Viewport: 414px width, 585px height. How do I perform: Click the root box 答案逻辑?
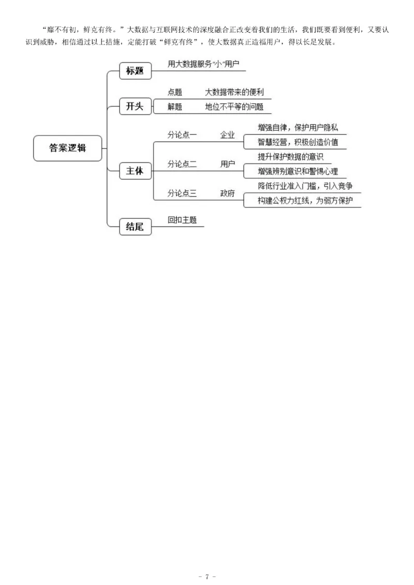point(68,148)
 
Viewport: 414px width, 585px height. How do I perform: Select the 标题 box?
point(135,71)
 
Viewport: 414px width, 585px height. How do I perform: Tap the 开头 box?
point(135,107)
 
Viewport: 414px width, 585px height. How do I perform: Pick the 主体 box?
point(135,171)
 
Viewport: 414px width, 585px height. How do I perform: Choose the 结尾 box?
point(135,227)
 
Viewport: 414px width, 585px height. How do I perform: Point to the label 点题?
point(175,93)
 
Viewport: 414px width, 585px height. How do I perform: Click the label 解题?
point(175,107)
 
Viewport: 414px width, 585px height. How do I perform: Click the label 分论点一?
point(182,136)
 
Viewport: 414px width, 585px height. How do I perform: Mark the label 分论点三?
point(182,193)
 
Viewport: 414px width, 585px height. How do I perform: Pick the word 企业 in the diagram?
point(228,136)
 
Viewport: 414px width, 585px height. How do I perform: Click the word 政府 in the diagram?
point(228,193)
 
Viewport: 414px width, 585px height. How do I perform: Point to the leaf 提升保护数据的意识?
point(290,157)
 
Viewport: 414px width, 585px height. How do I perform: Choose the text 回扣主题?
point(182,219)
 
